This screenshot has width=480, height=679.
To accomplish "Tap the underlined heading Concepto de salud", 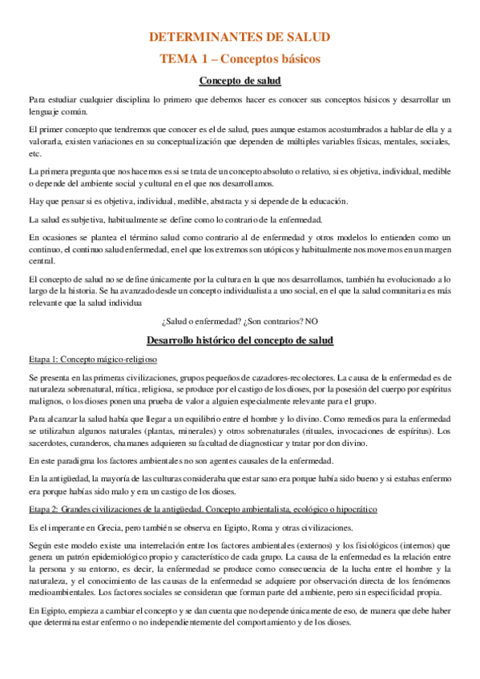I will click(240, 80).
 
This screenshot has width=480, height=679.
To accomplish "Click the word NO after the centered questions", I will click(312, 322).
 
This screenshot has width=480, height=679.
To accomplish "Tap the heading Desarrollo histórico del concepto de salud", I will click(240, 340).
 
